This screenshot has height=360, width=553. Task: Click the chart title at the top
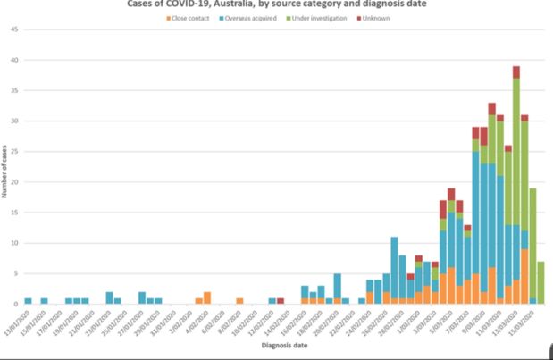276,4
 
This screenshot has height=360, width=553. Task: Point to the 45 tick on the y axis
14,29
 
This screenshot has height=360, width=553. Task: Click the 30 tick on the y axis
14,121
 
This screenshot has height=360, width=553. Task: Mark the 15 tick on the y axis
14,213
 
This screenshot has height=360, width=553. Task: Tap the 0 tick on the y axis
16,304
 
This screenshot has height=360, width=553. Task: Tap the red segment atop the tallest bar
516,71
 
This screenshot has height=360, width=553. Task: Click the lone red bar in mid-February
281,301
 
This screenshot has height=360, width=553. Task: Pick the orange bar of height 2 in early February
207,297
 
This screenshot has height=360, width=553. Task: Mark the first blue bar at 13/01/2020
29,301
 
